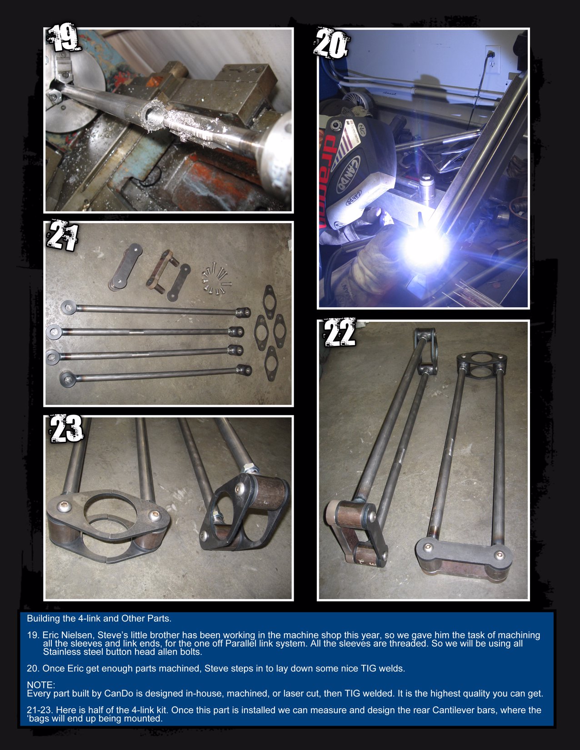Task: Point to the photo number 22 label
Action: tap(340, 332)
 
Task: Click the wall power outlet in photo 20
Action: tap(492, 59)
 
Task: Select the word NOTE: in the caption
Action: tap(41, 685)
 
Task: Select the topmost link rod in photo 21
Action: tap(155, 310)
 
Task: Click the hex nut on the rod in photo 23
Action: tap(249, 469)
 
